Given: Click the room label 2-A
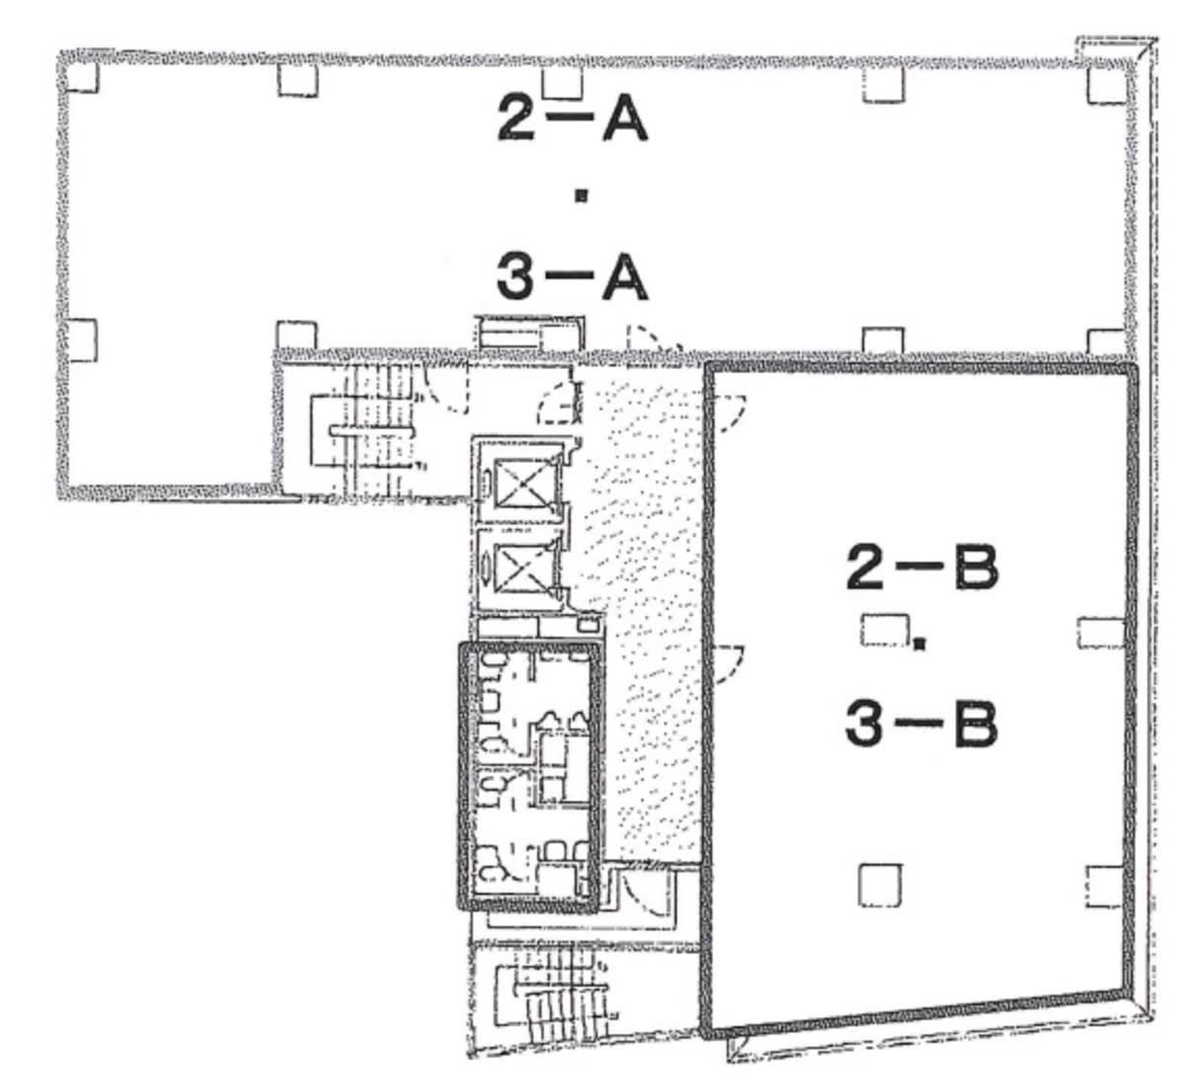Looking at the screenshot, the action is (x=572, y=118).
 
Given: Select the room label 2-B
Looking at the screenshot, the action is (x=921, y=568).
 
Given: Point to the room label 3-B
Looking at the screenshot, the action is (x=921, y=725).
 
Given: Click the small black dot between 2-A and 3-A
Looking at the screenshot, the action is (x=582, y=195).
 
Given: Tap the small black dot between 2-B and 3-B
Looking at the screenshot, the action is (x=918, y=644).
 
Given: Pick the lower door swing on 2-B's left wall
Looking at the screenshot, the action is (x=728, y=664).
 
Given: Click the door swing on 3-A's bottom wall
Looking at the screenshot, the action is (x=655, y=338).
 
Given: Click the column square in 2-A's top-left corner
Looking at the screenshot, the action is (x=82, y=77).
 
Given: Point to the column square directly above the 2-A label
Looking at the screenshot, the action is (x=563, y=83).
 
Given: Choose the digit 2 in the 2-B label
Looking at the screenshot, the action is (x=866, y=568).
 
